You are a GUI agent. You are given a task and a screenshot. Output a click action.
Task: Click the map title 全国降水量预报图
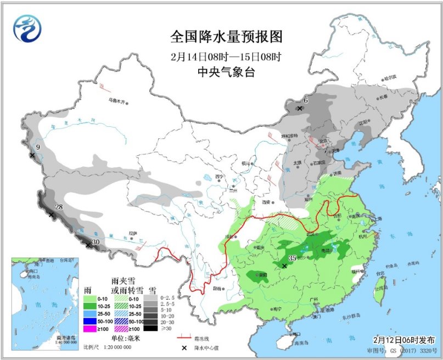point(226,37)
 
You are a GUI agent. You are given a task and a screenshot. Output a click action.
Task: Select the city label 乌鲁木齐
point(117,100)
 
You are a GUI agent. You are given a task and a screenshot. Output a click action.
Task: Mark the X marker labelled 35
point(284,266)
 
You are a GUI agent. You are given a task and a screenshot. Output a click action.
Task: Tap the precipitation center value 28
point(59,206)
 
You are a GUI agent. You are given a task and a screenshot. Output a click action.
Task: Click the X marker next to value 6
point(299,109)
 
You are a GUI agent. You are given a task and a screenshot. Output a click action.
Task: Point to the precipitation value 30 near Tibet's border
point(96,241)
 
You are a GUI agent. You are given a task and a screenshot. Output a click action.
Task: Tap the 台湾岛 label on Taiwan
point(379,288)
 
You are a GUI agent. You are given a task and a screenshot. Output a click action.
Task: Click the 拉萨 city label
point(132,233)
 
